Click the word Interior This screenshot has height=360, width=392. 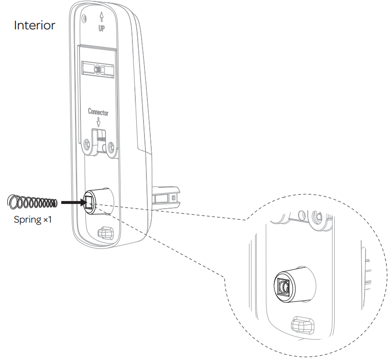[34, 25]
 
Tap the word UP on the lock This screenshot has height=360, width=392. [102, 28]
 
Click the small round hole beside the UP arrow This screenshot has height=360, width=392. [85, 18]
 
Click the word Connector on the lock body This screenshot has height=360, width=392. [98, 112]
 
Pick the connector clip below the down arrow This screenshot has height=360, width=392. [100, 140]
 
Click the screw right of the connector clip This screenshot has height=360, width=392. [112, 146]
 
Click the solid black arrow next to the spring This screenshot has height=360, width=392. [72, 202]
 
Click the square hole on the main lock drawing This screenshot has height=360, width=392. [91, 202]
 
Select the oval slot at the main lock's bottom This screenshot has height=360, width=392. [104, 233]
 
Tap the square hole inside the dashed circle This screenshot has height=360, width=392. [283, 288]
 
